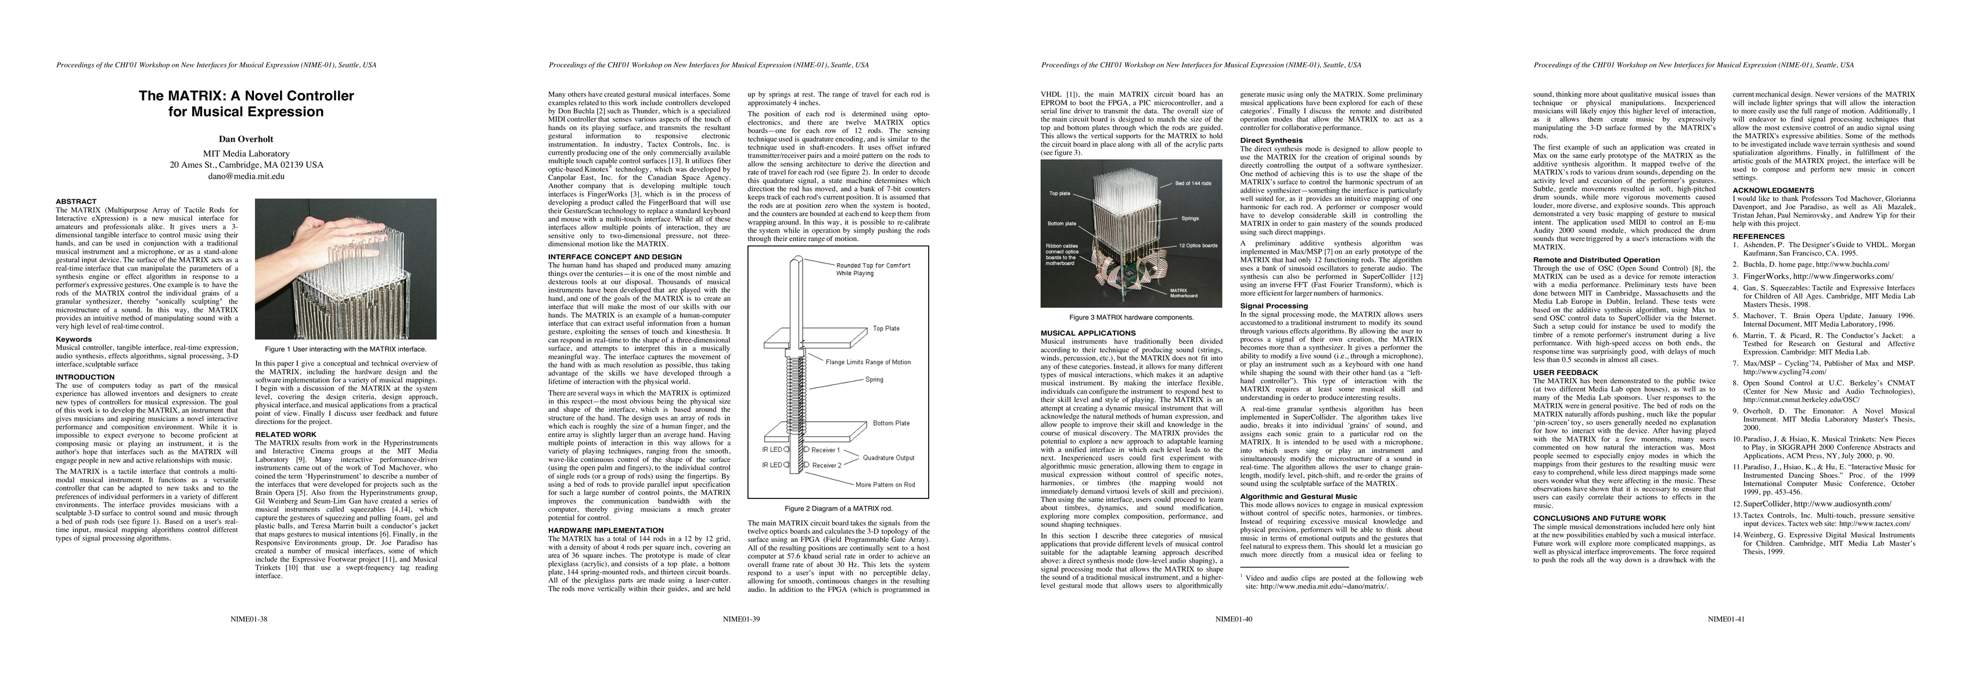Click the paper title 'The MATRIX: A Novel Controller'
coord(246,96)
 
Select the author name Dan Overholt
coord(246,139)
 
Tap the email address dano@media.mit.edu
coord(246,175)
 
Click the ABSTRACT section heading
coord(77,201)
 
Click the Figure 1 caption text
coord(346,349)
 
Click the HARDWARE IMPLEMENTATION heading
coord(606,530)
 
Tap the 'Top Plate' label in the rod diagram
coord(886,329)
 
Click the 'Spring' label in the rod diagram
coord(874,379)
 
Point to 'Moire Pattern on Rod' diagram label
coord(885,484)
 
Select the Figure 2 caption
coord(838,508)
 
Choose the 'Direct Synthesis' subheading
coord(1271,140)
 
